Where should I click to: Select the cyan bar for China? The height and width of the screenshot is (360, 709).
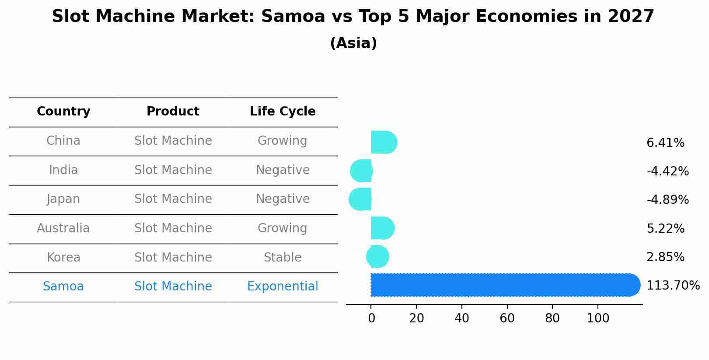pyautogui.click(x=383, y=142)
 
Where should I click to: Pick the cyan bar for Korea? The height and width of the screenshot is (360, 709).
pyautogui.click(x=378, y=257)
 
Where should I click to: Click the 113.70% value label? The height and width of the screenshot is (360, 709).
pyautogui.click(x=673, y=286)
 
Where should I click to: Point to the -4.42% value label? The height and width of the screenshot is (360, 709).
pyautogui.click(x=667, y=171)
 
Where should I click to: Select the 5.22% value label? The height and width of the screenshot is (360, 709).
pyautogui.click(x=665, y=229)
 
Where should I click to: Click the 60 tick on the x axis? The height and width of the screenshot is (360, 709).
pyautogui.click(x=507, y=318)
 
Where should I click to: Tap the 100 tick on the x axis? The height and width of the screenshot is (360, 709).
pyautogui.click(x=597, y=318)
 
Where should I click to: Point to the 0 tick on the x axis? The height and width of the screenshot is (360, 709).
pyautogui.click(x=371, y=318)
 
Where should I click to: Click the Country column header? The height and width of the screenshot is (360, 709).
pyautogui.click(x=63, y=112)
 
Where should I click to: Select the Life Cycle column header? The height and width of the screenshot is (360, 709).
pyautogui.click(x=283, y=112)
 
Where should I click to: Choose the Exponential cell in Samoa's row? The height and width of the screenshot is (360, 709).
pyautogui.click(x=283, y=287)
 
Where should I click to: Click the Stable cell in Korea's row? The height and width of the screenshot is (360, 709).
pyautogui.click(x=283, y=258)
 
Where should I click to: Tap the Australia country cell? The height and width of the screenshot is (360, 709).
pyautogui.click(x=63, y=228)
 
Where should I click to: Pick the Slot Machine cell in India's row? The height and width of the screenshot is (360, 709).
pyautogui.click(x=173, y=170)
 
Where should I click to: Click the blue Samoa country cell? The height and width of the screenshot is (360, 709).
pyautogui.click(x=63, y=287)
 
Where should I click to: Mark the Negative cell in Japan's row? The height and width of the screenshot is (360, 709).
pyautogui.click(x=283, y=199)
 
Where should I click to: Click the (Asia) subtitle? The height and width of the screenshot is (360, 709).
pyautogui.click(x=353, y=43)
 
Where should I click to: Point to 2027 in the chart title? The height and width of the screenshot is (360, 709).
pyautogui.click(x=630, y=17)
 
